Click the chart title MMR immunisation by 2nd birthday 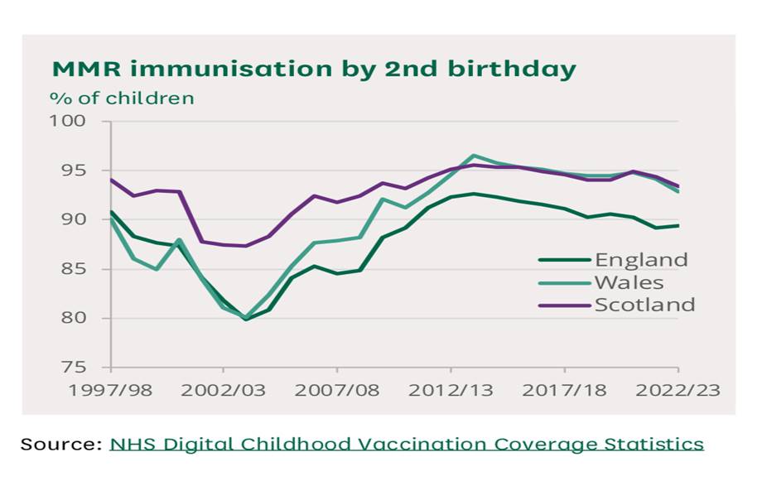[x=314, y=70]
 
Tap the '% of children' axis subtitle [x=122, y=98]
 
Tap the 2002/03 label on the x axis [x=224, y=389]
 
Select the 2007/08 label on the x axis [x=337, y=389]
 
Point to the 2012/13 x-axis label [x=451, y=389]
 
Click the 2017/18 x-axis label [x=564, y=389]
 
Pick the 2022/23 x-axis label [x=678, y=389]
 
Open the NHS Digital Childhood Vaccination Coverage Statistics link [x=407, y=444]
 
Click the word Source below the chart [x=59, y=444]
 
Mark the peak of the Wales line [x=473, y=155]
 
